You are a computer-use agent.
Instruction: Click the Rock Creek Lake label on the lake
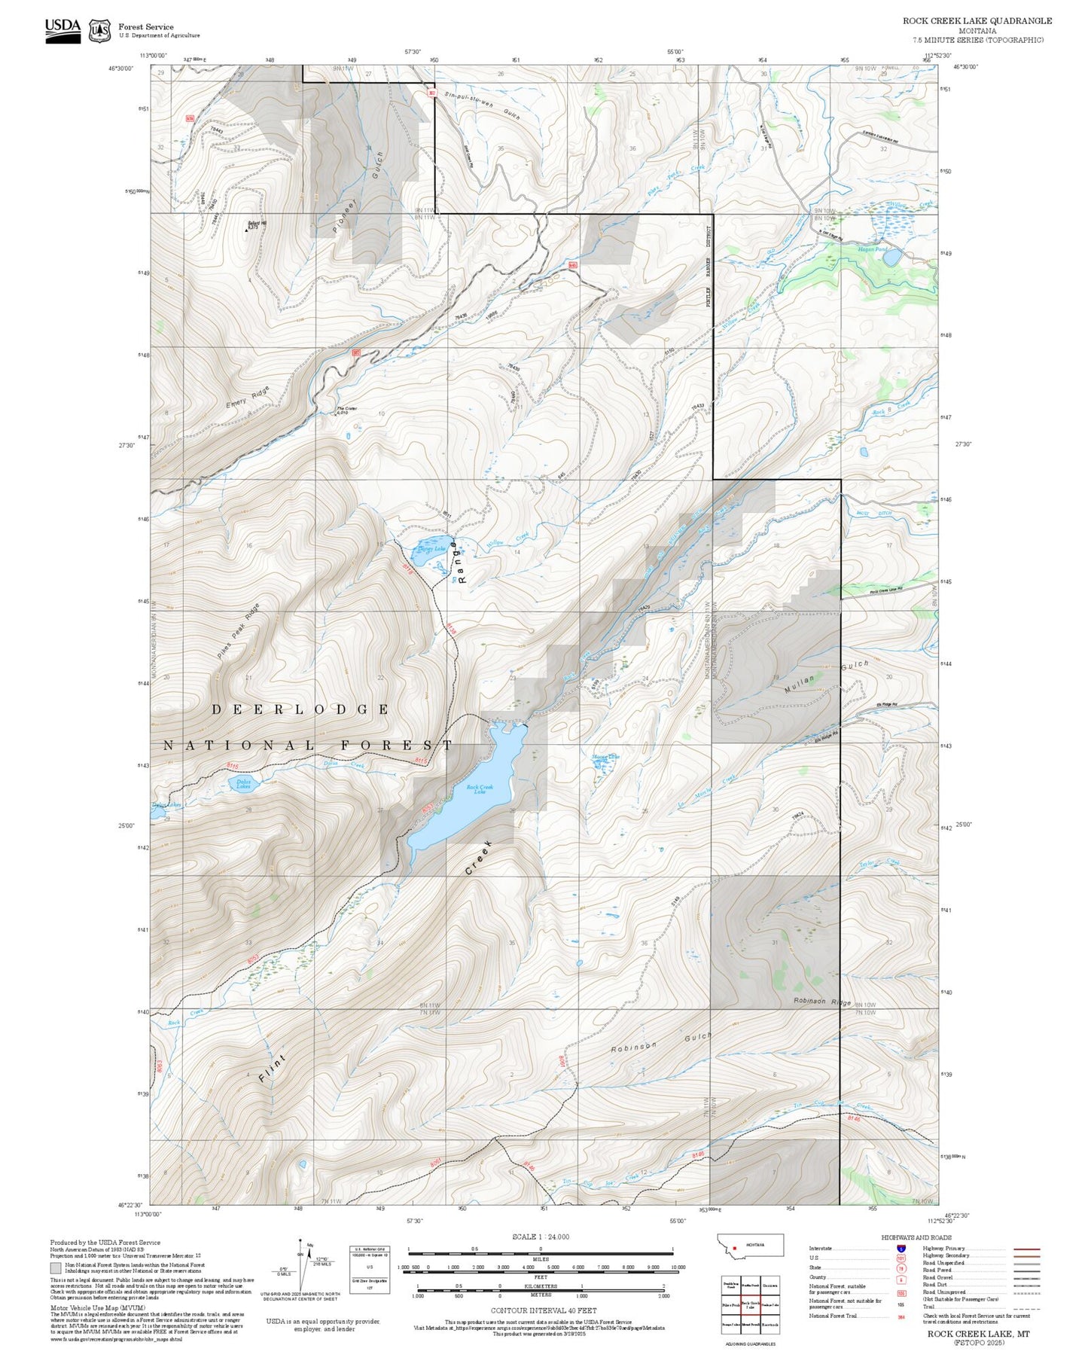pyautogui.click(x=476, y=790)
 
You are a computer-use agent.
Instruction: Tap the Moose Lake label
pyautogui.click(x=605, y=757)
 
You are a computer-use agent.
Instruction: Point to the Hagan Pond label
pyautogui.click(x=873, y=249)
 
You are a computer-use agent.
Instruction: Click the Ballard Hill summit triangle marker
pyautogui.click(x=246, y=230)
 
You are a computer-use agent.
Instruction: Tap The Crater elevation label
pyautogui.click(x=346, y=410)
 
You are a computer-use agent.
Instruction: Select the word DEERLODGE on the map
pyautogui.click(x=300, y=709)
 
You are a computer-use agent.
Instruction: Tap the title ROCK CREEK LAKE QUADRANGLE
pyautogui.click(x=977, y=20)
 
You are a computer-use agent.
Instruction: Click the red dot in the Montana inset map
pyautogui.click(x=734, y=1246)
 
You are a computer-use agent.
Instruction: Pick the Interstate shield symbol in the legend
pyautogui.click(x=901, y=1248)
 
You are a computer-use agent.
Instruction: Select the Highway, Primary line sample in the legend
pyautogui.click(x=1026, y=1249)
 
